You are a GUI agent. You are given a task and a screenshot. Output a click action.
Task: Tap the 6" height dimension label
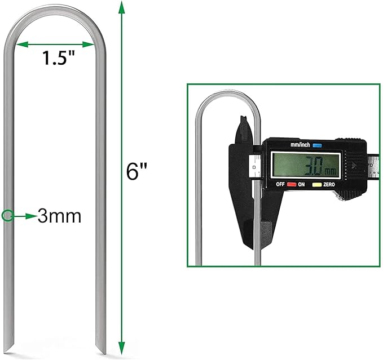point(133,171)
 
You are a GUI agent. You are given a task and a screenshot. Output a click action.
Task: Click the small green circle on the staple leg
point(8,215)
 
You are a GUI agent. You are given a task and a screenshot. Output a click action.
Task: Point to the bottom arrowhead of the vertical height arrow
point(121,350)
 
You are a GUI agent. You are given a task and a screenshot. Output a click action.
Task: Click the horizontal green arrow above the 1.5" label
point(55,44)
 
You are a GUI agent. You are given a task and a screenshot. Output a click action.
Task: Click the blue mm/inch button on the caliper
point(318,145)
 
